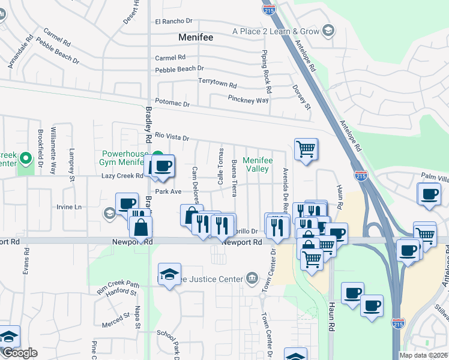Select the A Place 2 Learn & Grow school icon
(328, 31)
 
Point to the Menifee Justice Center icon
(251, 278)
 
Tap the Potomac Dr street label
(172, 104)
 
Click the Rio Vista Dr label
(172, 137)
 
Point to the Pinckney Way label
(248, 100)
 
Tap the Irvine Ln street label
(69, 207)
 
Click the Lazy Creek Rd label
(122, 176)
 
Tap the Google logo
(19, 353)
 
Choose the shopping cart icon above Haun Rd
(306, 148)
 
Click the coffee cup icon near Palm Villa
(430, 194)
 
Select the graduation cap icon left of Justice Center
(170, 274)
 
